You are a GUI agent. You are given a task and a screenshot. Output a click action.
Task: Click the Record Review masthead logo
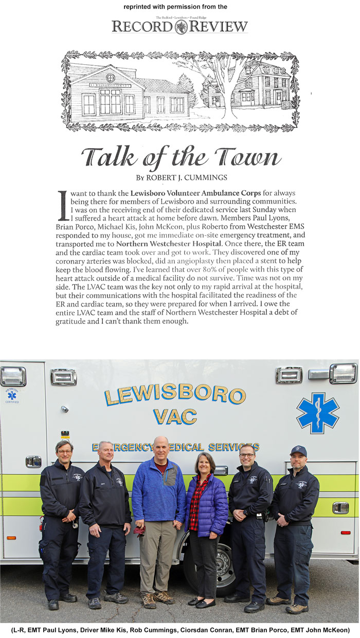click(x=180, y=26)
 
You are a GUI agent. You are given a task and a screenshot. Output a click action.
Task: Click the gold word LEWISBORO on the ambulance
click(x=175, y=395)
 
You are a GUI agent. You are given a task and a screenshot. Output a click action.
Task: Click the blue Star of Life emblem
click(x=317, y=412)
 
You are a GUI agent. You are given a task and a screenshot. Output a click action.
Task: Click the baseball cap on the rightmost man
click(x=298, y=451)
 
